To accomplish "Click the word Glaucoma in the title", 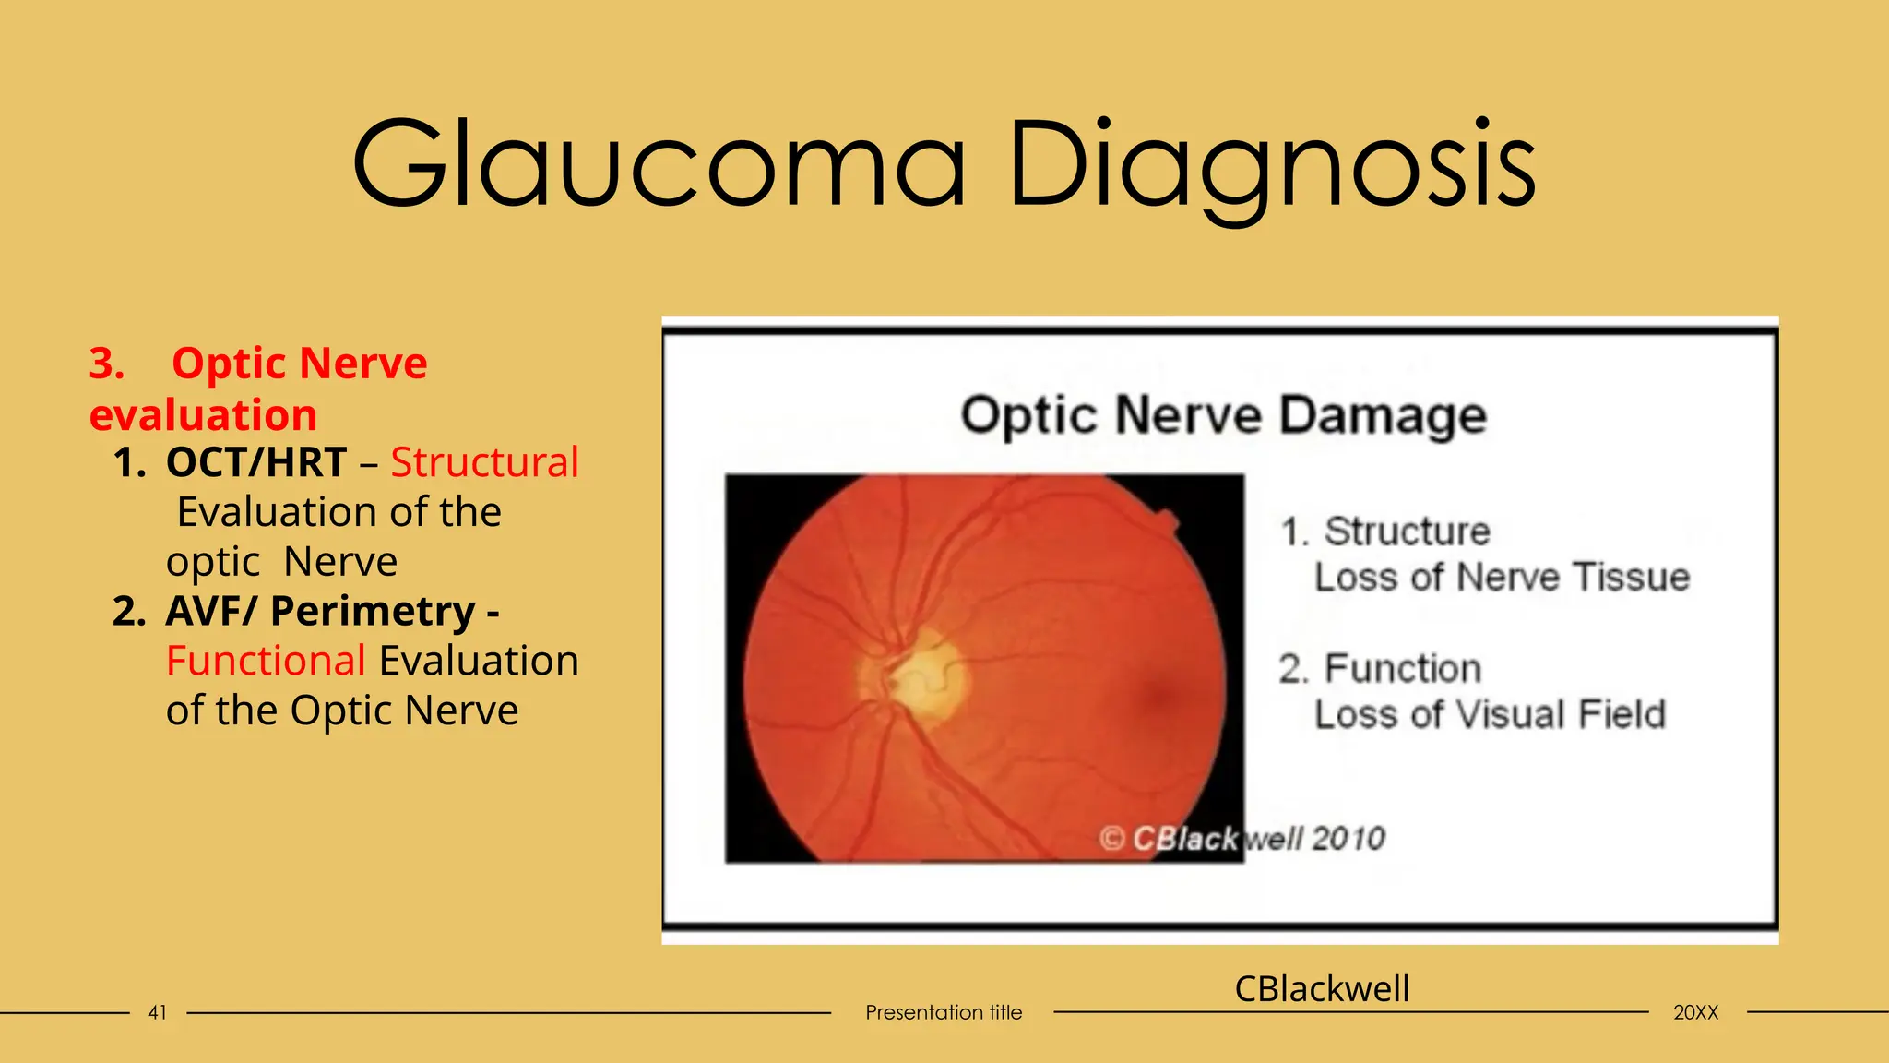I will pos(659,164).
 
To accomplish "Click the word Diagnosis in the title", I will pos(1272,164).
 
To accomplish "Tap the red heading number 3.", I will pos(106,364).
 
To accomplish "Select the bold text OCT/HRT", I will pos(255,462).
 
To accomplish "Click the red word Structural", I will pos(484,462).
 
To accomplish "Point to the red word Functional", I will pos(266,662).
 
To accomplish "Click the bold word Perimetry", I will pos(373,612).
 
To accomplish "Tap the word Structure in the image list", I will pos(1407,532).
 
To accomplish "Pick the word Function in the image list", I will pos(1402,669).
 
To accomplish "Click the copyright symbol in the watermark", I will pos(1111,839).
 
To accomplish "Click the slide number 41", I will pos(158,1013).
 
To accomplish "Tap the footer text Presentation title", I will pos(944,1013).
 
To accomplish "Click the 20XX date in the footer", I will pos(1695,1013).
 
